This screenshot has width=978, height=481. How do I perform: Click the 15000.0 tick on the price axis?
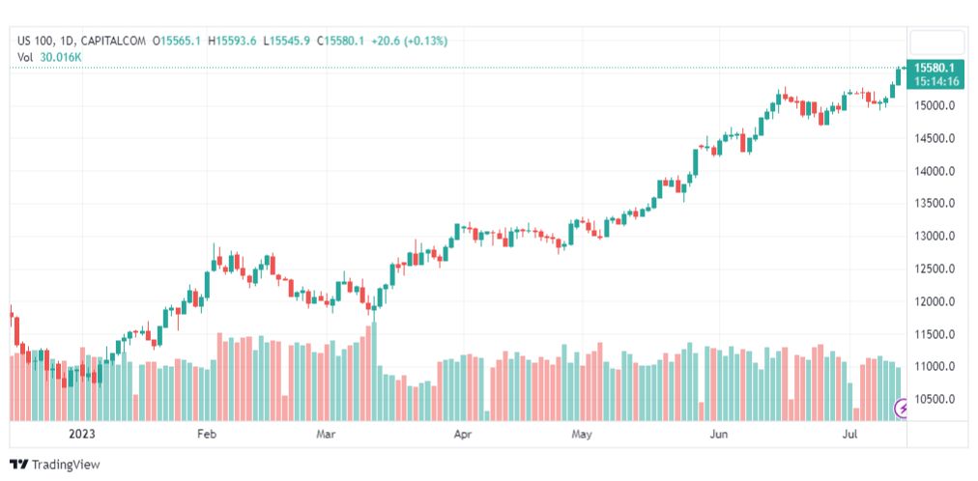(x=935, y=105)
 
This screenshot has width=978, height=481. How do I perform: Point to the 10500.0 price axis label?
(x=935, y=399)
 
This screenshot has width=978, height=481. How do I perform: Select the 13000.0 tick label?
(x=935, y=236)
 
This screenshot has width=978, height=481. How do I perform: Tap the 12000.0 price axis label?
(x=935, y=301)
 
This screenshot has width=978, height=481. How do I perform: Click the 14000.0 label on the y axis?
(x=935, y=171)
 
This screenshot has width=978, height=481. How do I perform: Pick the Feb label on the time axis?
(x=207, y=435)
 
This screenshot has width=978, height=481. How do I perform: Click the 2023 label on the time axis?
(x=82, y=435)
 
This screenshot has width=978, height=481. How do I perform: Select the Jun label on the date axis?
(x=719, y=435)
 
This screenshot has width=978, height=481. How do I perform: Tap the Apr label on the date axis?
(x=463, y=435)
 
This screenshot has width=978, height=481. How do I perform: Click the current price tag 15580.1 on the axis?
(x=935, y=68)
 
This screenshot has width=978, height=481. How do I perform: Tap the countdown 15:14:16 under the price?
(x=936, y=81)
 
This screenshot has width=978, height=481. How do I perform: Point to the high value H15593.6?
(x=233, y=41)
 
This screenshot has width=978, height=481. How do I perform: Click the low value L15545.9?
(x=287, y=41)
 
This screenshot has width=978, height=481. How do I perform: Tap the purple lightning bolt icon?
(x=904, y=409)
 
